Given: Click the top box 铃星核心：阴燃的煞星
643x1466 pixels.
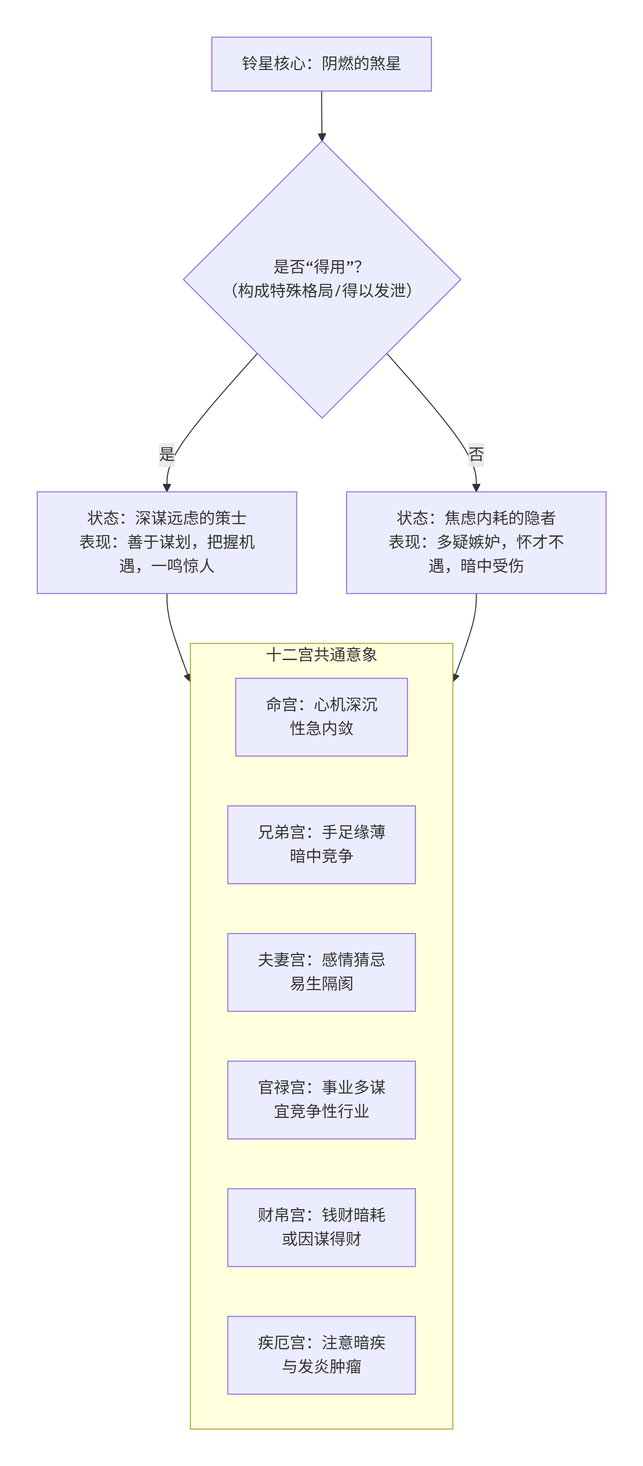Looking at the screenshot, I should pos(321,64).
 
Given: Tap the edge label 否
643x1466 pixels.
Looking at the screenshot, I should pos(476,454).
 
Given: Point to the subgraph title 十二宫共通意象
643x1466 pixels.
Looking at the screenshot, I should pos(321,654).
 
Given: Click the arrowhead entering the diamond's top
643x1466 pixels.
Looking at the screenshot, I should pos(322,137).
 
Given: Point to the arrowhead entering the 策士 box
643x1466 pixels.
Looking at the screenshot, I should pos(167,487).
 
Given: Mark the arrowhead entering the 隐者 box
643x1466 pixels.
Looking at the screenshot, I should pos(476,487).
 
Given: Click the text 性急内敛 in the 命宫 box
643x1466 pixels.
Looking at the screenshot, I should pos(321,729).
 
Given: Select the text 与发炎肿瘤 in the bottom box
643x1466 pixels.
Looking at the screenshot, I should pos(321,1366).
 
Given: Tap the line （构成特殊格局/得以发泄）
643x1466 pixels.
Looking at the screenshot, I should pos(321,291).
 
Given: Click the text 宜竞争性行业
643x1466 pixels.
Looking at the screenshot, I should pos(321,1111).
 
